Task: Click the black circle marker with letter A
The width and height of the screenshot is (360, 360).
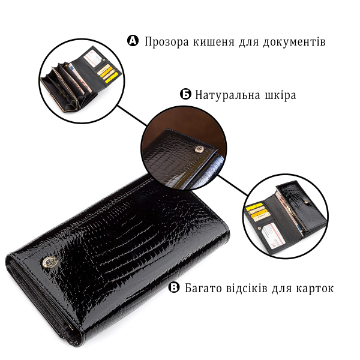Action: pos(133,41)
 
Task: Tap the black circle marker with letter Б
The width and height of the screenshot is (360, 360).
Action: pos(185,94)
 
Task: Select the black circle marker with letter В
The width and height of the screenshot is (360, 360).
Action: pos(174,287)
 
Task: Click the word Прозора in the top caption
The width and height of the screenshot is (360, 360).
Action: pos(167,42)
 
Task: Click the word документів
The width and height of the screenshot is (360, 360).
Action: pos(294,42)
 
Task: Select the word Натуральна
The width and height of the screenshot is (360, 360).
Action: pos(228,95)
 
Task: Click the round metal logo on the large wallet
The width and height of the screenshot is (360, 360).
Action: pos(50,262)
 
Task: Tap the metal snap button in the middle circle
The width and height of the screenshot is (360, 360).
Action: pos(199,149)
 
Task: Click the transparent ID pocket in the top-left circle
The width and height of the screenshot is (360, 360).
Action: pos(93,59)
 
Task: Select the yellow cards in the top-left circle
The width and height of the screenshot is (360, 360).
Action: pos(108,73)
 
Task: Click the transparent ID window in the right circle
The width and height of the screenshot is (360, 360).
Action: pos(273,233)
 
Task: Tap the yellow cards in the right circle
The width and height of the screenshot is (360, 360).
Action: pos(256,211)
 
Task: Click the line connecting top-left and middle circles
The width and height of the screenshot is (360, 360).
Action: pos(133,116)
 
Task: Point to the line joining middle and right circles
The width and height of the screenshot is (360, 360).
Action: pos(233,185)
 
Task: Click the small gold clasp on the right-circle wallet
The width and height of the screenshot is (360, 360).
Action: pos(306,202)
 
